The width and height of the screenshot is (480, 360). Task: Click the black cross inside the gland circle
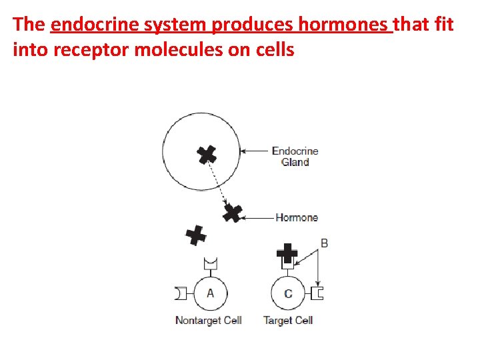point(207,155)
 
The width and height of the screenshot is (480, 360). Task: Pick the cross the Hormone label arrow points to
point(232,213)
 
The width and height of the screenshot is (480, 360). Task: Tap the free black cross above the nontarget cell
point(195,235)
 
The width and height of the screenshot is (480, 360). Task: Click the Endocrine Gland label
point(295,156)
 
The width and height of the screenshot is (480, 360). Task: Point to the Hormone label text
point(297,217)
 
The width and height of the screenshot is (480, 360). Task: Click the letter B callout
point(324,243)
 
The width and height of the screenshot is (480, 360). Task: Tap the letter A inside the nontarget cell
point(211,293)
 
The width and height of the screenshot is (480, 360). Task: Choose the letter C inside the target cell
point(288,293)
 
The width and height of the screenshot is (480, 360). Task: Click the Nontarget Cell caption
point(208,321)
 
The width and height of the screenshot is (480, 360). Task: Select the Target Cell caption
point(288,321)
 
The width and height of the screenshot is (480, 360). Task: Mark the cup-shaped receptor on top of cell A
point(211,266)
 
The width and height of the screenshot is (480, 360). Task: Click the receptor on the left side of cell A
point(181,293)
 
